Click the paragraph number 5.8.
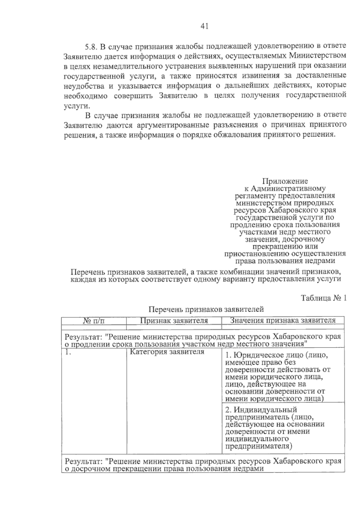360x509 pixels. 91,46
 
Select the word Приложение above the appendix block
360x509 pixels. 285,181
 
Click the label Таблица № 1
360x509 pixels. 324,298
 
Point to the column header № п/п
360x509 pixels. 94,321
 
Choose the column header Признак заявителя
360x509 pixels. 174,321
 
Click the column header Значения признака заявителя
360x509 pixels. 283,321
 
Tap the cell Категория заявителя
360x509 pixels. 167,352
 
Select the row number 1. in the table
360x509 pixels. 68,352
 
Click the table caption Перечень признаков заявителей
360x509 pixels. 206,309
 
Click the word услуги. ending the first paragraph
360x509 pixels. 77,106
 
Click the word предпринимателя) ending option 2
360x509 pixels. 259,446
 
